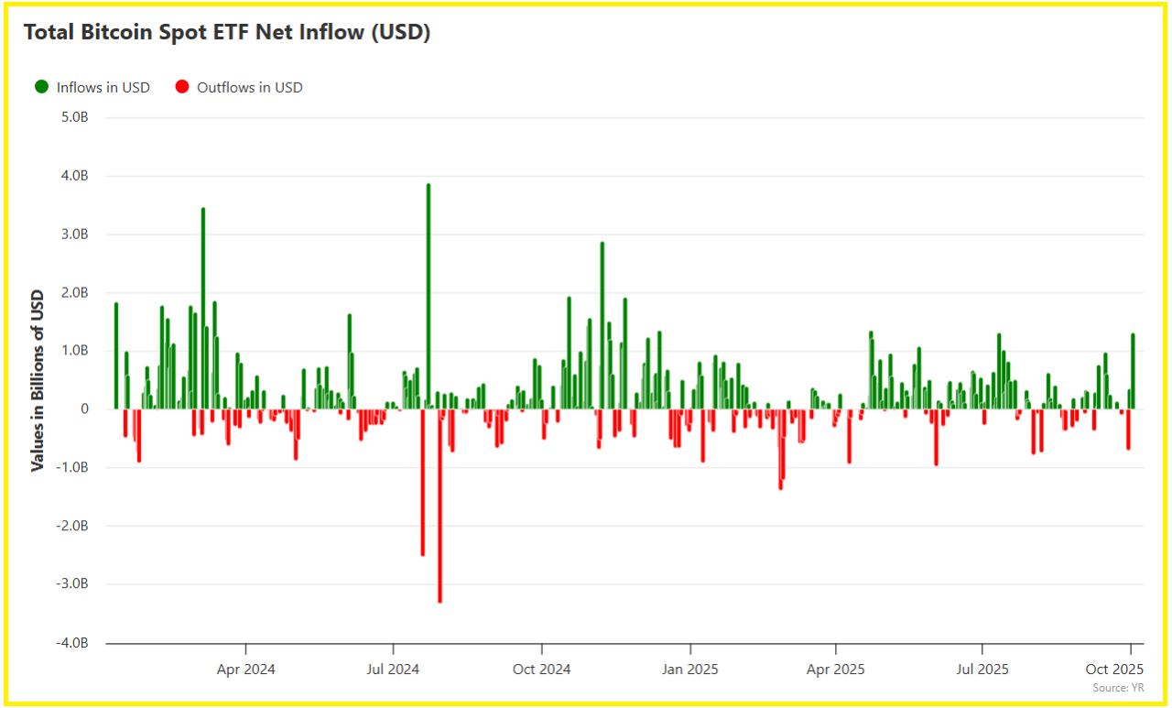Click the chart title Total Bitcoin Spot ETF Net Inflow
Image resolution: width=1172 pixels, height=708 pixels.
point(226,32)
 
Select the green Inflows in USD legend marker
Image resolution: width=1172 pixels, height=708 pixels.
point(41,87)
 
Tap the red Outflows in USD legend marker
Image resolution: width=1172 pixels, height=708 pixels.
point(181,87)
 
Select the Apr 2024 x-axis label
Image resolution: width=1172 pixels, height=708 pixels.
point(245,670)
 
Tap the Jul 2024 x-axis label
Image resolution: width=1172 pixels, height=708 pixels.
point(393,670)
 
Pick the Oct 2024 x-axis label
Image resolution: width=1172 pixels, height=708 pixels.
point(541,670)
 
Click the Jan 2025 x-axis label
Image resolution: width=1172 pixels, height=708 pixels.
point(689,670)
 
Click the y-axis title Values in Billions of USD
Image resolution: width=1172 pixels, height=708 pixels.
point(38,380)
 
